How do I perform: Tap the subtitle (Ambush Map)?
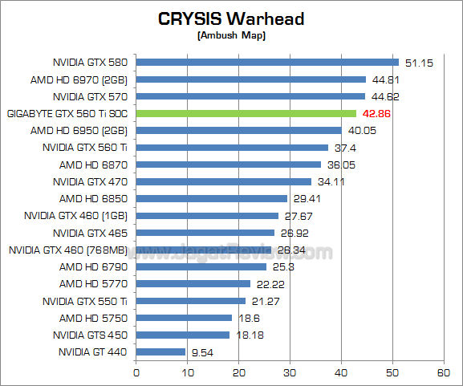232,36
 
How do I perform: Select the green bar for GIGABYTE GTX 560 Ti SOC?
246,113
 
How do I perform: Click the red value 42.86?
376,114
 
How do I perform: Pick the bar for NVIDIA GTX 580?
267,62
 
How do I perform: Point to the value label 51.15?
418,63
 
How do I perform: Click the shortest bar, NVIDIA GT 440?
160,351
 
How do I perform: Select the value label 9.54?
202,351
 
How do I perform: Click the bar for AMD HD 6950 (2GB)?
238,130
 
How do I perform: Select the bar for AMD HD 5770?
193,283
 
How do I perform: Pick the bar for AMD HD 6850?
211,198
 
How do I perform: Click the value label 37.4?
345,148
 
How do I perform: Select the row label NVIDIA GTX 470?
92,181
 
